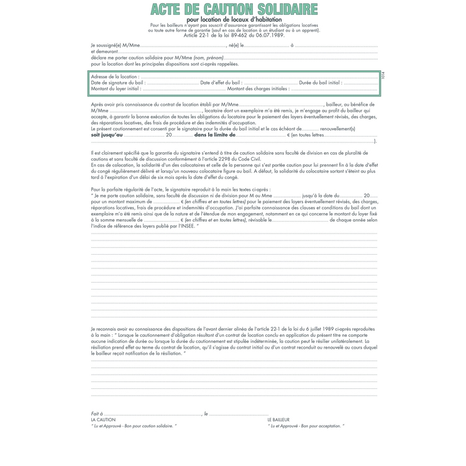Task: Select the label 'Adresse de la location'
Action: pos(116,76)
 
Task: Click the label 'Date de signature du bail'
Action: pos(118,83)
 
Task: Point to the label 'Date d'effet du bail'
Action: pos(221,83)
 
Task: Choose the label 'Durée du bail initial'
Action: pos(320,83)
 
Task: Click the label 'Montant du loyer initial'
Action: pos(116,89)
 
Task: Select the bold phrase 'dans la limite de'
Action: pos(215,135)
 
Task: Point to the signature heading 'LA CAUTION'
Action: pos(103,420)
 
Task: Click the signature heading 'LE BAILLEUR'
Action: pos(278,420)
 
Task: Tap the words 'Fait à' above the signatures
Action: pos(96,413)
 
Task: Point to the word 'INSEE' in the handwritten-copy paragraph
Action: pos(185,226)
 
